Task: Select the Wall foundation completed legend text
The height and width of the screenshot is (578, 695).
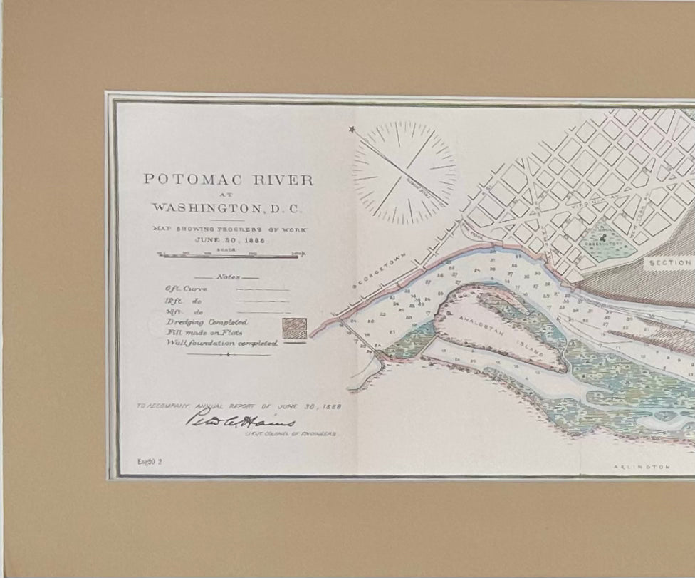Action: pos(221,343)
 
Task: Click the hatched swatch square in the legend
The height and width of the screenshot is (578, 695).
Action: pos(293,328)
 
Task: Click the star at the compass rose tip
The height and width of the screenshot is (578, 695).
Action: pos(352,130)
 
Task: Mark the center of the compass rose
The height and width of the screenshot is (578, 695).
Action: pos(404,171)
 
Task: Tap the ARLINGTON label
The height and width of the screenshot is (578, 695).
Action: pos(641,467)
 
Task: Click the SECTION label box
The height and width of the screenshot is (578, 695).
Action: pos(669,262)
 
